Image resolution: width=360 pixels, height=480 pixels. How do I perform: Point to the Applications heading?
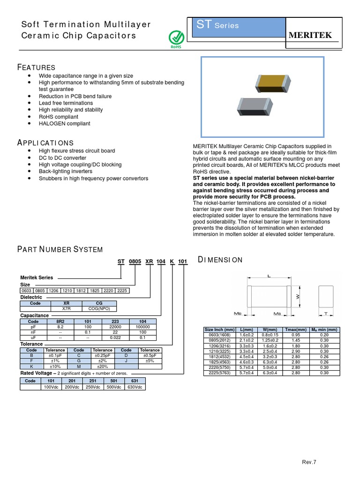tap(45, 142)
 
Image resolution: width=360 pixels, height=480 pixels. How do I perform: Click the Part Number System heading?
tap(60, 249)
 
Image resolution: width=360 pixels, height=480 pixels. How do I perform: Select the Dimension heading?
tap(220, 260)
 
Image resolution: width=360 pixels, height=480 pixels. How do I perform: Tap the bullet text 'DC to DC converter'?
tap(63, 158)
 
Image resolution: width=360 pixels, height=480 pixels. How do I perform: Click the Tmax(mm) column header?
tap(296, 330)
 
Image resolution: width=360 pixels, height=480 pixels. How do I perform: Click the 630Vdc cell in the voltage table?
tap(135, 387)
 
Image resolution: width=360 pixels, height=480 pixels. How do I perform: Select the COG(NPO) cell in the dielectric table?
tap(99, 309)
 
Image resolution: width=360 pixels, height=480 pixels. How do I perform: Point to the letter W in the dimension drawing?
tap(297, 296)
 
